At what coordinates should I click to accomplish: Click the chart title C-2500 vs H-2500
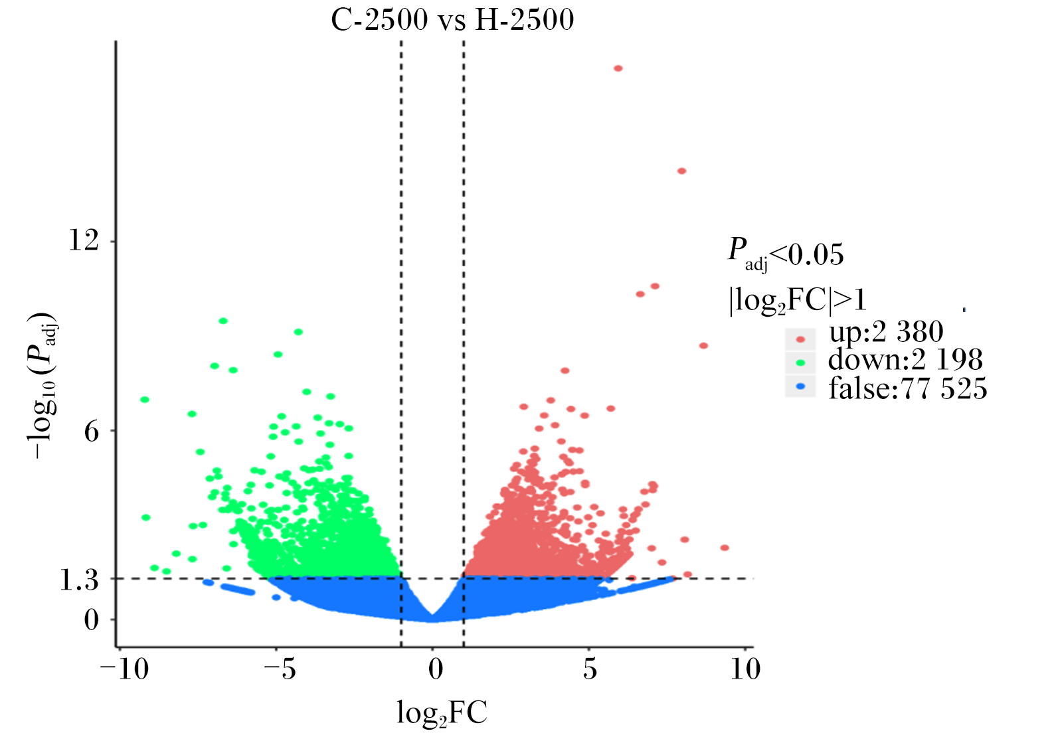point(452,20)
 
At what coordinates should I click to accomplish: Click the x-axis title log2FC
point(442,712)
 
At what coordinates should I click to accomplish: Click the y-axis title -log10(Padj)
point(42,385)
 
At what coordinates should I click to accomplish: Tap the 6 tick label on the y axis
point(92,431)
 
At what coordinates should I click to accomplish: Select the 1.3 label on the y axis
point(79,580)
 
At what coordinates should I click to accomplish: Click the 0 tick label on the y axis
point(92,619)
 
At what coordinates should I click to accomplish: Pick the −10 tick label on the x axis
point(124,669)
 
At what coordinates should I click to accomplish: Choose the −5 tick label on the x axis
point(280,669)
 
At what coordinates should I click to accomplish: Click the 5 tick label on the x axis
point(590,669)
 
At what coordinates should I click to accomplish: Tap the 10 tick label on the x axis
point(745,669)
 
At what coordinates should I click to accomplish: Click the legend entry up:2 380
point(886,331)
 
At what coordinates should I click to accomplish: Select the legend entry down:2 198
point(905,360)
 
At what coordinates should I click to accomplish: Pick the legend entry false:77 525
point(908,389)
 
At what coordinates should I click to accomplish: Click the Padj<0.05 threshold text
point(786,254)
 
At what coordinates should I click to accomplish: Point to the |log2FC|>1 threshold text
point(798,300)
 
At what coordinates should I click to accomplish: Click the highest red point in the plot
point(618,68)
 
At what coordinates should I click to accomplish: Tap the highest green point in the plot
point(223,321)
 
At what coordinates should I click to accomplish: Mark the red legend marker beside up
point(800,339)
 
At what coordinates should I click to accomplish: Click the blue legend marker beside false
point(800,386)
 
